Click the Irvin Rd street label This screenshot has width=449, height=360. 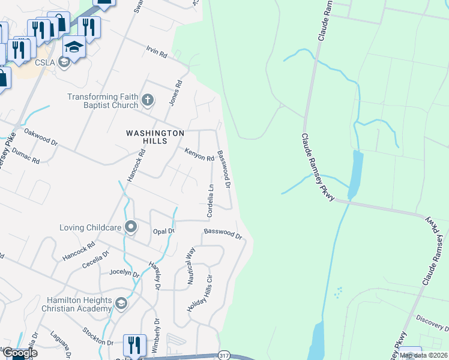pyautogui.click(x=156, y=52)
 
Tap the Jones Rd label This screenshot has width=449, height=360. pyautogui.click(x=175, y=94)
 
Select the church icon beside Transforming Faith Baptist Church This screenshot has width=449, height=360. pyautogui.click(x=148, y=100)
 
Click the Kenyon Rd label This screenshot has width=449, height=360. pyautogui.click(x=199, y=155)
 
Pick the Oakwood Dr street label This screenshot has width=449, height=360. pyautogui.click(x=40, y=136)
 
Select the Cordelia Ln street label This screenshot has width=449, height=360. pyautogui.click(x=211, y=200)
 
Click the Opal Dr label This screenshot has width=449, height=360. pyautogui.click(x=163, y=231)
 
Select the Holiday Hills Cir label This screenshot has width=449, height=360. pyautogui.click(x=200, y=293)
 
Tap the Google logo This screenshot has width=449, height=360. pyautogui.click(x=20, y=353)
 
